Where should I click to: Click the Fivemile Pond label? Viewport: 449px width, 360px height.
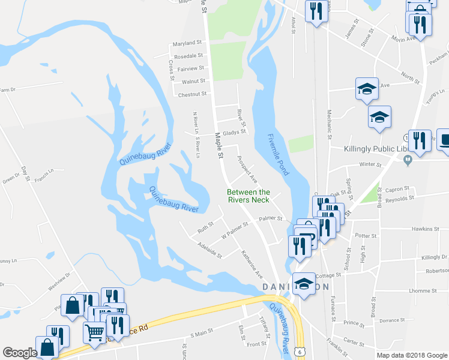(278, 154)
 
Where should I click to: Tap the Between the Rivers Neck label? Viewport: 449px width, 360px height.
(248, 196)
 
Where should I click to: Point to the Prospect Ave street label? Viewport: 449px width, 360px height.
(247, 170)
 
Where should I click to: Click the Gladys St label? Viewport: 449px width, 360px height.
(234, 132)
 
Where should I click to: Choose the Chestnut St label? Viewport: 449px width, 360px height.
(192, 94)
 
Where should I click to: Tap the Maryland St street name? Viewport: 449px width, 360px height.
(187, 44)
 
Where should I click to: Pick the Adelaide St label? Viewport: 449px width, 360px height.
(209, 250)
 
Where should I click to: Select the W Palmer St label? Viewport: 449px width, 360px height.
(235, 231)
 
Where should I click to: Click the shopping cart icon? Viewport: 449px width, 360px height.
(94, 332)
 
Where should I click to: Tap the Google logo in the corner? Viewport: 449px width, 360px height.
(20, 353)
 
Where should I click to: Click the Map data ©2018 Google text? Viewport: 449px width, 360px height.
(412, 355)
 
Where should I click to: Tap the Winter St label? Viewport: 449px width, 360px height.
(370, 164)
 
